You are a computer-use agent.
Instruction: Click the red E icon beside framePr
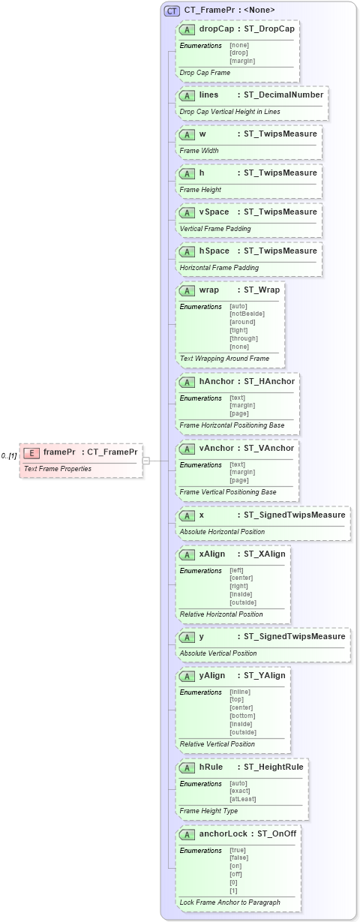pos(31,452)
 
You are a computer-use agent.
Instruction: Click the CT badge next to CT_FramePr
pos(172,11)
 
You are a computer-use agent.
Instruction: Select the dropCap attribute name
pos(216,29)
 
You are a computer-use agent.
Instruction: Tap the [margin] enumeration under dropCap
pos(242,61)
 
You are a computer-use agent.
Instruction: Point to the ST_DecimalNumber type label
pos(283,95)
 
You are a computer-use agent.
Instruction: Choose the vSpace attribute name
pos(214,212)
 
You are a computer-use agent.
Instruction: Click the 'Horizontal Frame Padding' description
pos(219,267)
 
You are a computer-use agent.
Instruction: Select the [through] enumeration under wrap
pos(244,338)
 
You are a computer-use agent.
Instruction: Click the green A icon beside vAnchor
pos(187,449)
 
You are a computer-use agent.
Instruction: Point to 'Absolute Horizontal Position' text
pos(222,531)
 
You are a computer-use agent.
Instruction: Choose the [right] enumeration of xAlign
pos(240,586)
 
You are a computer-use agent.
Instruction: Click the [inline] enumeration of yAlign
pos(240,692)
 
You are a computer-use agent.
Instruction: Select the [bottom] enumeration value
pos(242,716)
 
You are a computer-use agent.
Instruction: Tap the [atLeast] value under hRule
pos(244,799)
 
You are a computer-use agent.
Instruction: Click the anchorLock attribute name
pos(223,834)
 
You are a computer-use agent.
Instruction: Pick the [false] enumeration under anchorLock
pos(240,858)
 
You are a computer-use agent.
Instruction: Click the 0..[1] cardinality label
pos(9,455)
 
